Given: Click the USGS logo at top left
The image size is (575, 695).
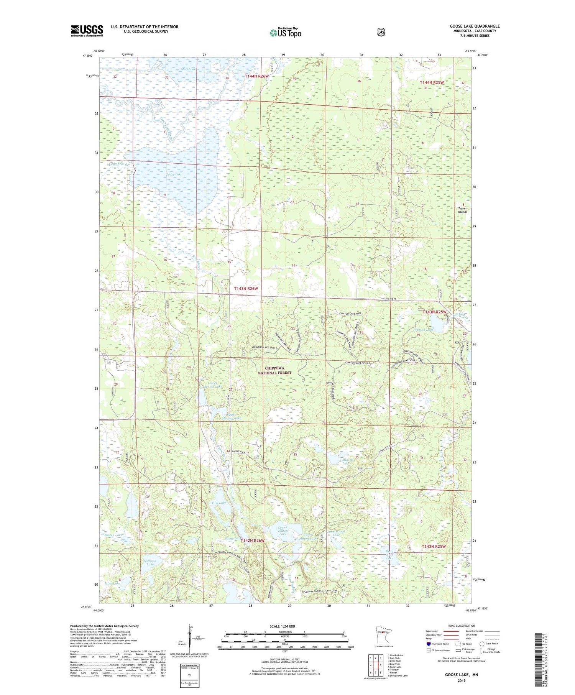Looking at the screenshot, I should pos(87,31).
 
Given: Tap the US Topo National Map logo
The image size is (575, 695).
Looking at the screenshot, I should pos(285,33).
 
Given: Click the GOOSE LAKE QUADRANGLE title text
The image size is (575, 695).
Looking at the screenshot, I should pos(475,26).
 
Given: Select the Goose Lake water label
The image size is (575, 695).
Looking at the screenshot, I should pos(174,174).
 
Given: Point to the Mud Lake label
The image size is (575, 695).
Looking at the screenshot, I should pos(189,69).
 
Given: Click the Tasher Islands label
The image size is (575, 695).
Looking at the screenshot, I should pos(463,210).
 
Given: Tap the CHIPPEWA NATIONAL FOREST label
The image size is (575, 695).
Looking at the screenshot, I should pos(274,370).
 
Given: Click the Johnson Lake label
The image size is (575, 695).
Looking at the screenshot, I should pos(423,329).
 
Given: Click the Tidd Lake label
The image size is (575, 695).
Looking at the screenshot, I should pos(219,503).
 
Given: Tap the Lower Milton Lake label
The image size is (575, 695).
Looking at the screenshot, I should pos(283,530).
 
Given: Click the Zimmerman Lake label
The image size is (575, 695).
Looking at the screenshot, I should pos(337,534).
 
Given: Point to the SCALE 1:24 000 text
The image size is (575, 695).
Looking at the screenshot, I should pos(282,626).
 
